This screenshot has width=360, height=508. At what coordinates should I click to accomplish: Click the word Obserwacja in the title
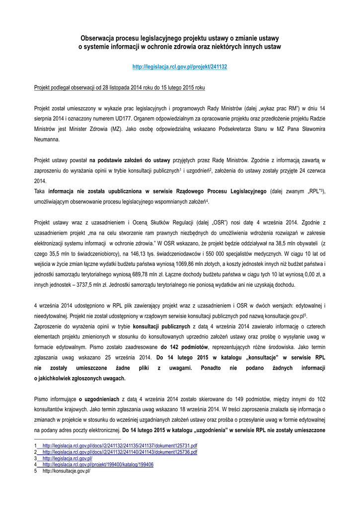(98, 38)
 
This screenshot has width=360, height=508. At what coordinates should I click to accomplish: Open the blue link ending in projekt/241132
(180, 66)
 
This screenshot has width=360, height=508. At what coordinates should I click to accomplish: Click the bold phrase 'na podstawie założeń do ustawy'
(130, 160)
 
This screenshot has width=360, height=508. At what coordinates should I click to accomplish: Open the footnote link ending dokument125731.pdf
(120, 446)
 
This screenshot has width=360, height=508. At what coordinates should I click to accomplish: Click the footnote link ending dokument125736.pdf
(120, 452)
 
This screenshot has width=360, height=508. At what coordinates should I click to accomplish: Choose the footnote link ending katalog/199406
(98, 465)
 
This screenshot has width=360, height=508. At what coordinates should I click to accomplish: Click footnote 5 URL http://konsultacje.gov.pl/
(66, 471)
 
